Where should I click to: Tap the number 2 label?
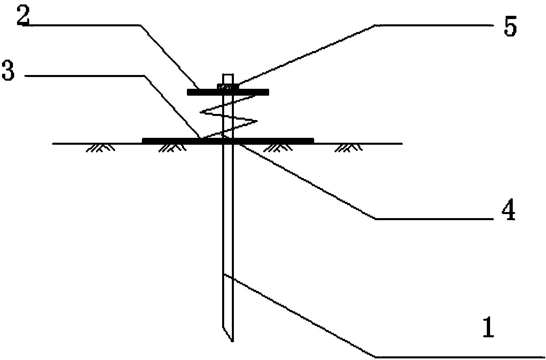[x=23, y=16]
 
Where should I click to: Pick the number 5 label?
[x=510, y=27]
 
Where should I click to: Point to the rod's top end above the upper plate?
[x=227, y=77]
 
